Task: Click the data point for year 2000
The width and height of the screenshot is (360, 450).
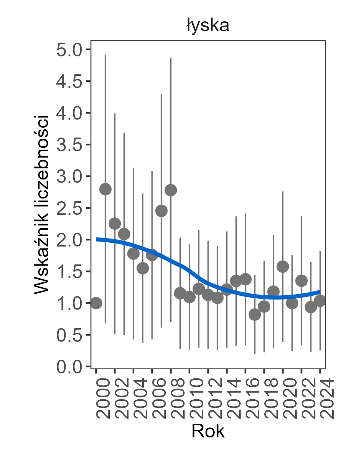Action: pos(96,303)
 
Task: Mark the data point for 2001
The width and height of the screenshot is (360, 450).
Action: pos(105,189)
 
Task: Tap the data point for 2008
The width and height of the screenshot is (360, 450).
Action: pos(171,190)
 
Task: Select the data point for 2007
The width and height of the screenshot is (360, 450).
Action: pos(161,211)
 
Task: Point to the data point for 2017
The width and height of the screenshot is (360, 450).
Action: pos(255,315)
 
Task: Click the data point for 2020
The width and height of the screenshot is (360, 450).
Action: pos(283,266)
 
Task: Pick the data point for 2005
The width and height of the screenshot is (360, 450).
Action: pos(143,268)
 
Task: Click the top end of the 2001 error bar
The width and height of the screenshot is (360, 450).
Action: pos(105,55)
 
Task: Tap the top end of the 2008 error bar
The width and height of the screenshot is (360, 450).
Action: pos(171,58)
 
